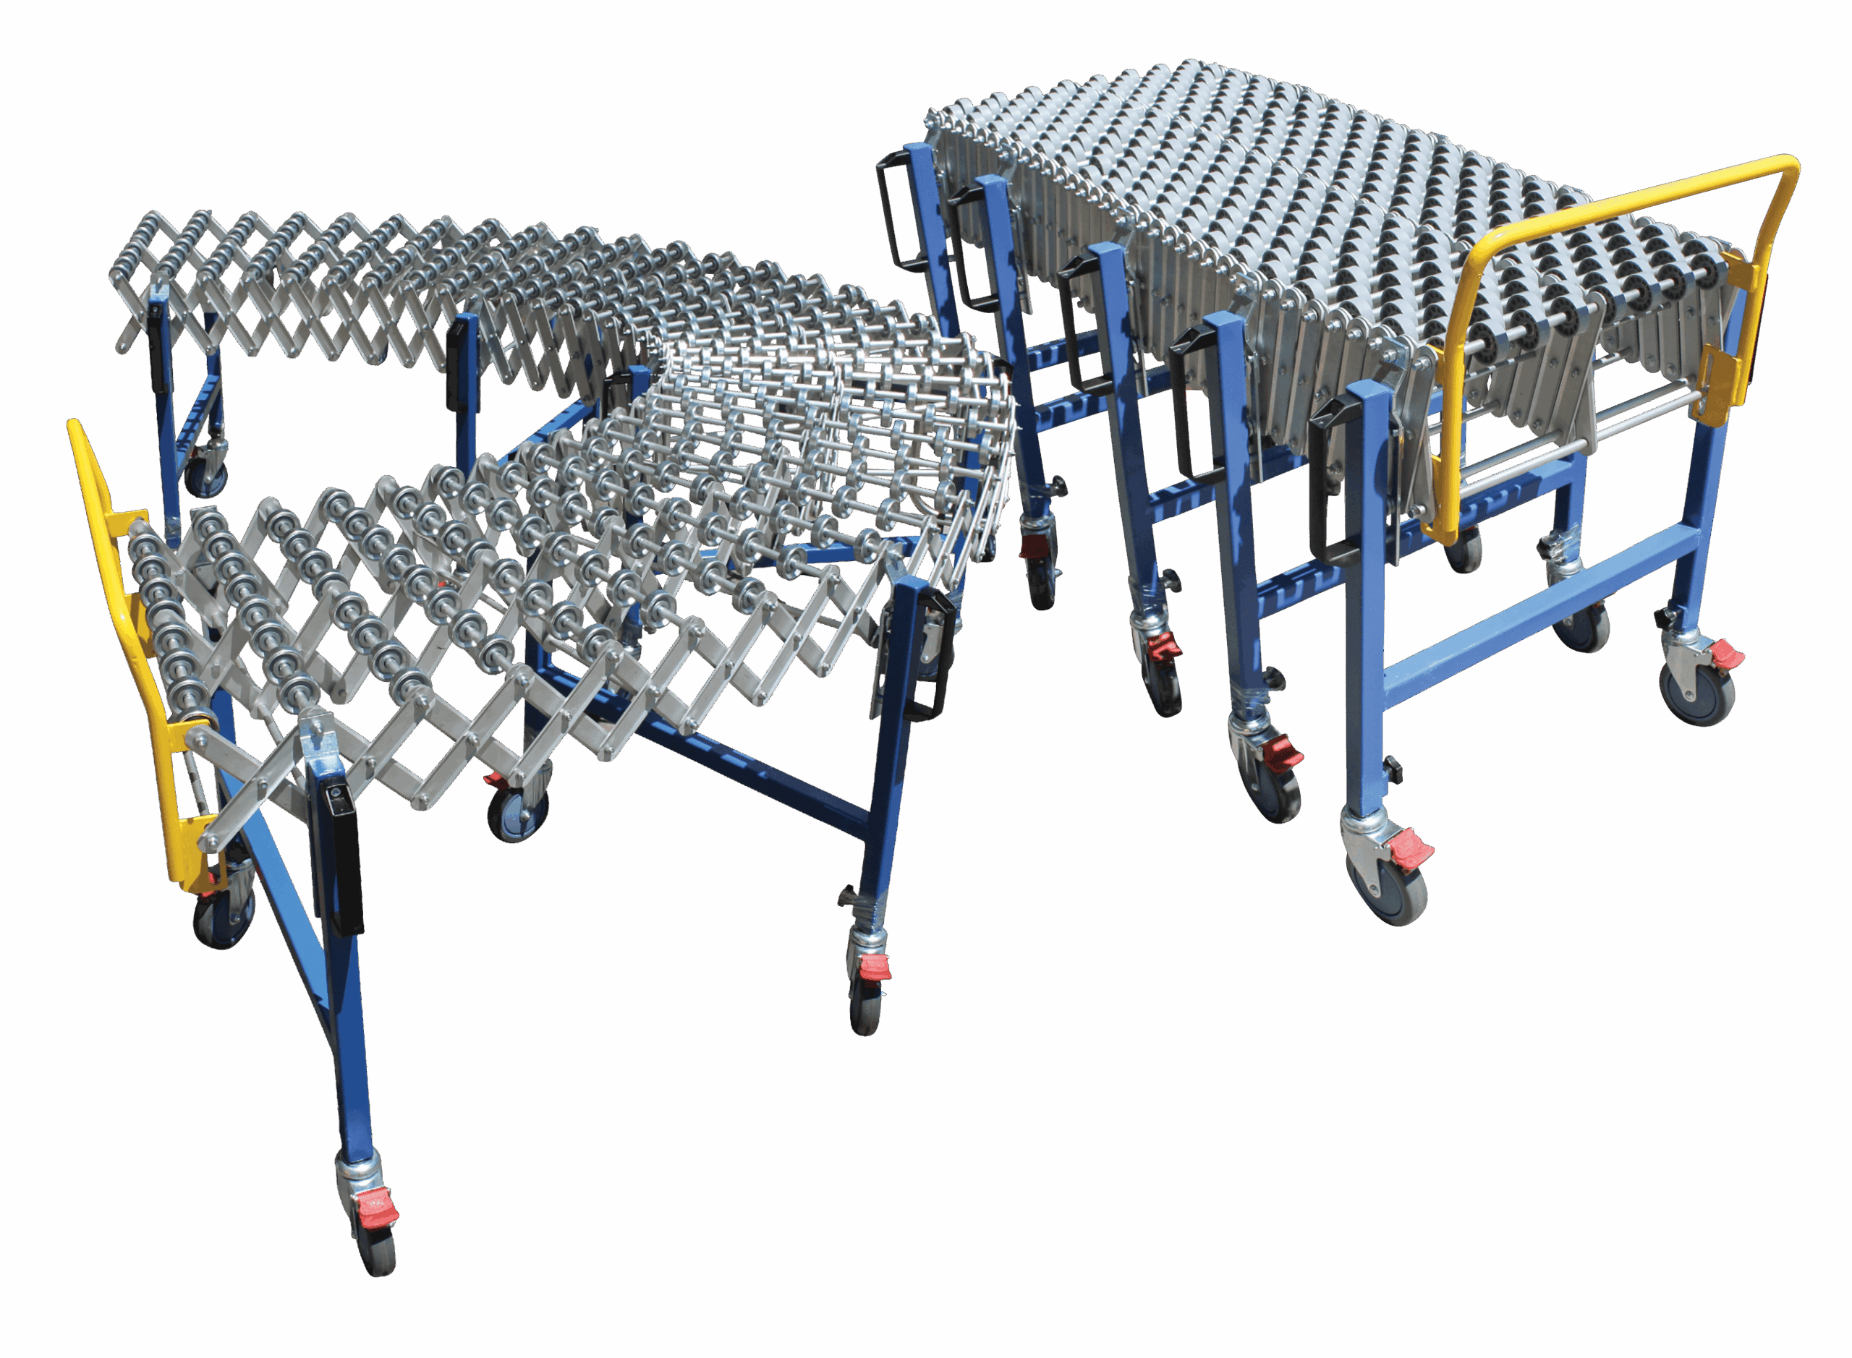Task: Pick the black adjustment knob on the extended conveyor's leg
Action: [x=848, y=895]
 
